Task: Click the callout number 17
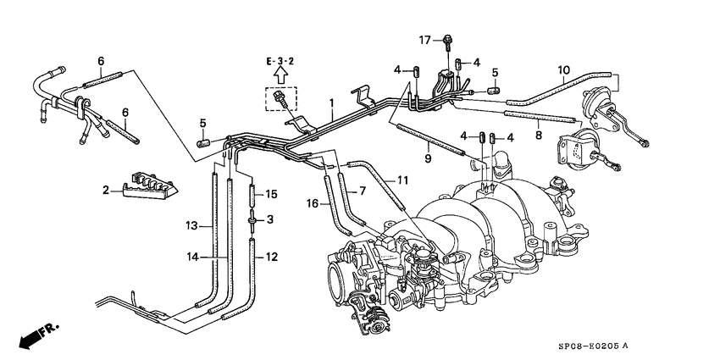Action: [426, 39]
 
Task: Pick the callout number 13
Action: [191, 225]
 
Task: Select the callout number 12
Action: [271, 257]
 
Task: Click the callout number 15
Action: [272, 194]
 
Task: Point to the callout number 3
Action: [271, 219]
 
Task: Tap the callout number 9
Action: [428, 158]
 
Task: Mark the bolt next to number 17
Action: [447, 39]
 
